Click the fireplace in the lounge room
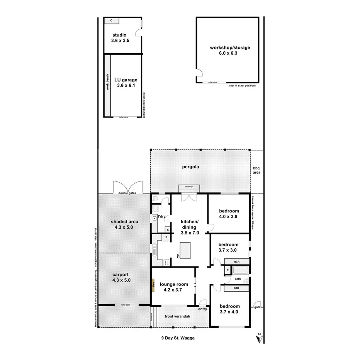153,286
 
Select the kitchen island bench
186,250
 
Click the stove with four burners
167,263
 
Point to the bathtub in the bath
240,270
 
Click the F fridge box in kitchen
166,237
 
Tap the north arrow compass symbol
259,338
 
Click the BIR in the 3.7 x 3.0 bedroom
236,262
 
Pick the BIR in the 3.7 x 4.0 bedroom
236,288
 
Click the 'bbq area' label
257,170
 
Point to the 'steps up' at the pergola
189,187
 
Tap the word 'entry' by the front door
202,309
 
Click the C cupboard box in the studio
111,20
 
